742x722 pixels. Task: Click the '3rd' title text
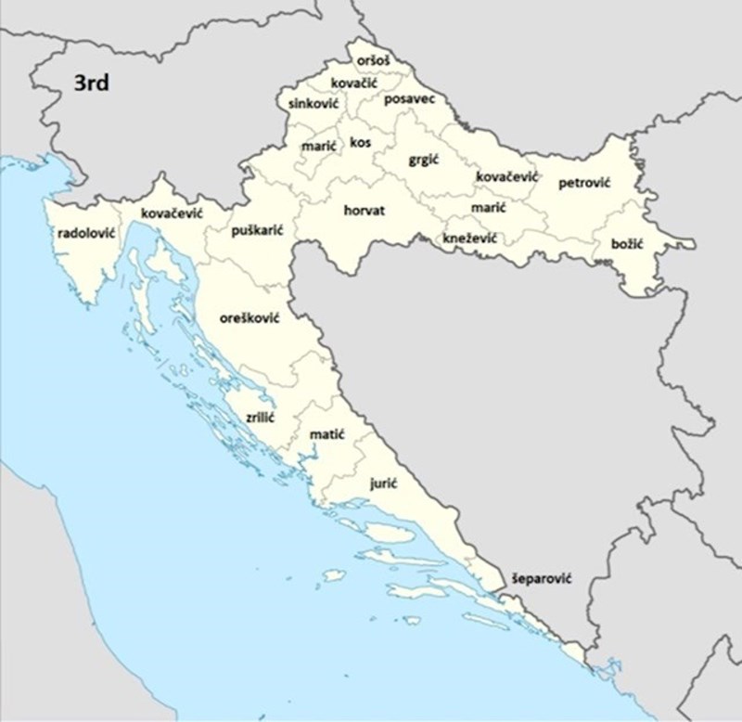[x=92, y=84]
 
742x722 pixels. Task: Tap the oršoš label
[x=371, y=61]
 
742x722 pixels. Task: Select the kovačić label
[x=354, y=84]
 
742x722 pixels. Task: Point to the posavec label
[x=409, y=98]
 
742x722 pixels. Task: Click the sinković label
[x=313, y=103]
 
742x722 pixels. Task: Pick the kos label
[x=360, y=143]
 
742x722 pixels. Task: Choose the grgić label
[x=423, y=160]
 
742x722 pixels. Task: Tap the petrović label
[x=584, y=184]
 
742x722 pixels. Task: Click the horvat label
[x=364, y=211]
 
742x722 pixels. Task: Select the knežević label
[x=469, y=239]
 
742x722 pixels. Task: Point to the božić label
[x=627, y=244]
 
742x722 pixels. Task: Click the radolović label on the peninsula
[x=85, y=233]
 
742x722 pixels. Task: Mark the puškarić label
[x=257, y=229]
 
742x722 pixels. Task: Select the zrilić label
[x=260, y=419]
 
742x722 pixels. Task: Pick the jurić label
[x=384, y=483]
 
